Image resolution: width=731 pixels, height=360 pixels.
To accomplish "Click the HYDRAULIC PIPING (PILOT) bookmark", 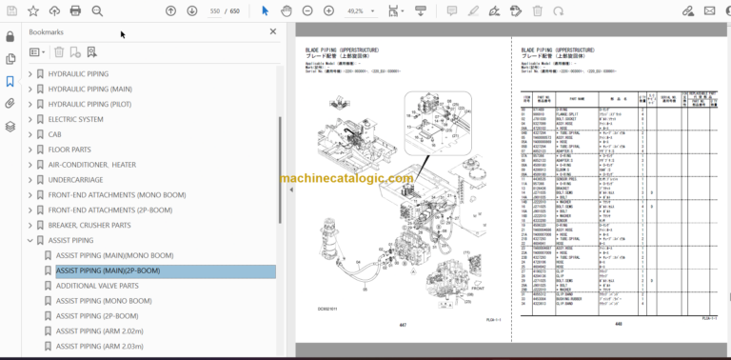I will [x=90, y=104].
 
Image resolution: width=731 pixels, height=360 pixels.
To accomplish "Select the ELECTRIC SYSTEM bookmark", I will [x=75, y=119].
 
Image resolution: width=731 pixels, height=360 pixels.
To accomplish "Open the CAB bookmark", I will [x=56, y=134].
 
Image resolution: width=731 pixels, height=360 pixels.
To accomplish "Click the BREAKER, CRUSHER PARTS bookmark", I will [x=89, y=225].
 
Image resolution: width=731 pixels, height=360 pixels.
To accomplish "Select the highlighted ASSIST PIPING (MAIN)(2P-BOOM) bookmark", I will [x=108, y=270].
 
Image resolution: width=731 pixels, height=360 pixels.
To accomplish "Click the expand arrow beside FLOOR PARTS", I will [x=30, y=150].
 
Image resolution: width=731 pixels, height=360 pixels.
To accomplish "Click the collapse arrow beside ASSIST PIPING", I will [x=30, y=240].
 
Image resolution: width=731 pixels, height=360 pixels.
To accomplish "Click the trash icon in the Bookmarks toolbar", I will [x=59, y=51].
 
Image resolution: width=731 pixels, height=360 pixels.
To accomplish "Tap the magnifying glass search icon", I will [x=97, y=11].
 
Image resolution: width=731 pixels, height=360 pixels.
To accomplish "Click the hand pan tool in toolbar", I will [x=286, y=11].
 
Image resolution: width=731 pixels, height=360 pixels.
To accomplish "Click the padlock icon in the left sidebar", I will [x=10, y=36].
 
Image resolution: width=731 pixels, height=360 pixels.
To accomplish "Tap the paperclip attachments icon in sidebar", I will [x=10, y=103].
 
